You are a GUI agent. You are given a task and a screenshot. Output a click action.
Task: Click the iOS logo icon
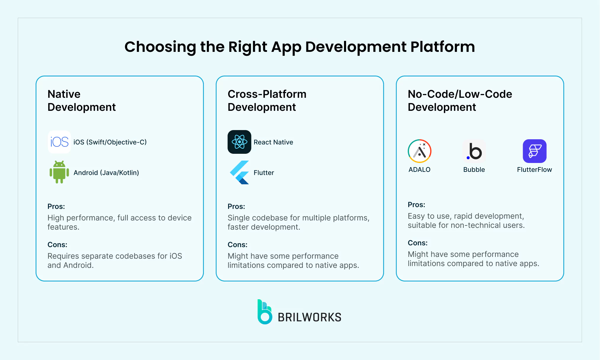59,142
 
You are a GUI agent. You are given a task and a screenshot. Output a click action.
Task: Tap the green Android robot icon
59,172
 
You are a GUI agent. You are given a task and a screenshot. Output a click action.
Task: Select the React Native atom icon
239,142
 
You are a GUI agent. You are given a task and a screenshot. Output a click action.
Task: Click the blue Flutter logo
239,172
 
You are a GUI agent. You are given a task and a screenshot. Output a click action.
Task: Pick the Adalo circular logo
419,151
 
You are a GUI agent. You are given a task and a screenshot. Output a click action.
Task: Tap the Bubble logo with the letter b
474,151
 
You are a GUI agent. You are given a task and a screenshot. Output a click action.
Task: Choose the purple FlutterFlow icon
535,151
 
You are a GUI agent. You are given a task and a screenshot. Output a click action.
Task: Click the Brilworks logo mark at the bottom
265,312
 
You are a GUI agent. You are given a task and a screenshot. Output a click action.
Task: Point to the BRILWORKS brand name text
309,317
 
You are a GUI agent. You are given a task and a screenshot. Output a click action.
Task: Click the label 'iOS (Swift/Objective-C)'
110,142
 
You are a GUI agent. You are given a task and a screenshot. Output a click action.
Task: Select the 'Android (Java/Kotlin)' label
106,173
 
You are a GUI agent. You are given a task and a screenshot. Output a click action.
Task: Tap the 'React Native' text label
273,142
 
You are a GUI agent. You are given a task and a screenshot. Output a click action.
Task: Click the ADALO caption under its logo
419,169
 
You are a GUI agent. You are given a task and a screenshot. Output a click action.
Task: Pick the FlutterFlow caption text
535,169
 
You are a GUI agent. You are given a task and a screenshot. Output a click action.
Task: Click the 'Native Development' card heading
81,100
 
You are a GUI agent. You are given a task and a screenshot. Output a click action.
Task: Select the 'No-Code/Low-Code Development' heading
460,100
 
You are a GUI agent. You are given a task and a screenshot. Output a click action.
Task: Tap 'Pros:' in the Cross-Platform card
236,206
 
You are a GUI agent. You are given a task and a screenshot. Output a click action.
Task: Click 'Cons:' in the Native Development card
57,244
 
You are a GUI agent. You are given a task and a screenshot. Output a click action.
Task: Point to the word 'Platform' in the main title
443,47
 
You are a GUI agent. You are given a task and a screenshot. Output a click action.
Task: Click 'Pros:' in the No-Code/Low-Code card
416,204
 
